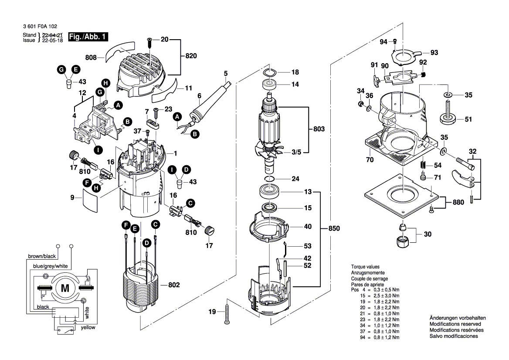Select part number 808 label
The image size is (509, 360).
coord(92,57)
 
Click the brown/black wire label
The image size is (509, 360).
coord(41,256)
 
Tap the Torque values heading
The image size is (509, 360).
coord(365,266)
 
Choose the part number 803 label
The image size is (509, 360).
coord(319,129)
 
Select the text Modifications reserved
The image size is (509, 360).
coord(455,324)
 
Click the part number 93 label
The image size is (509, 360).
coord(434,53)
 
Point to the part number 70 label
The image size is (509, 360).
coord(370,160)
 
